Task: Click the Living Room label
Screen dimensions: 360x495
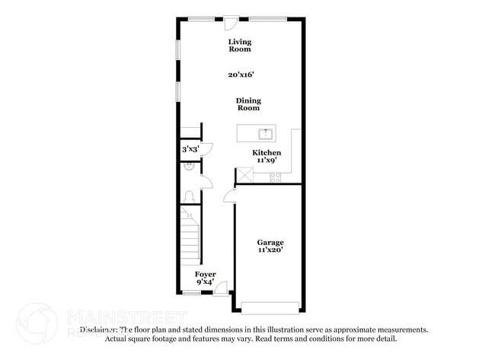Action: coord(240,46)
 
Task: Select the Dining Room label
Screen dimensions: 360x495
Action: coord(248,104)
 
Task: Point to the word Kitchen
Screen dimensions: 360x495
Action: coord(267,153)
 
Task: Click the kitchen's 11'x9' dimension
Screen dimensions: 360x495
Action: coord(266,161)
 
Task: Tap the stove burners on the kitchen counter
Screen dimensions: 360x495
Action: coord(275,178)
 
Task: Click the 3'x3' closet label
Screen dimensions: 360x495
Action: coord(190,149)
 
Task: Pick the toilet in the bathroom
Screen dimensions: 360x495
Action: coord(189,196)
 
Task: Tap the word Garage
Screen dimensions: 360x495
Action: coord(270,242)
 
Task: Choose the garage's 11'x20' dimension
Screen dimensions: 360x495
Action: coord(270,250)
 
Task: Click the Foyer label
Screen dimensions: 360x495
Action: coord(205,274)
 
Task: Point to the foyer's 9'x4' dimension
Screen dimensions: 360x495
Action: coord(205,282)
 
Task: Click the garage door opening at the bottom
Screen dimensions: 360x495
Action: coord(271,307)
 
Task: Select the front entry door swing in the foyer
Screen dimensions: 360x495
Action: coord(222,287)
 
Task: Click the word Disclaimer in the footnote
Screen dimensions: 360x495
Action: coord(97,330)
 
